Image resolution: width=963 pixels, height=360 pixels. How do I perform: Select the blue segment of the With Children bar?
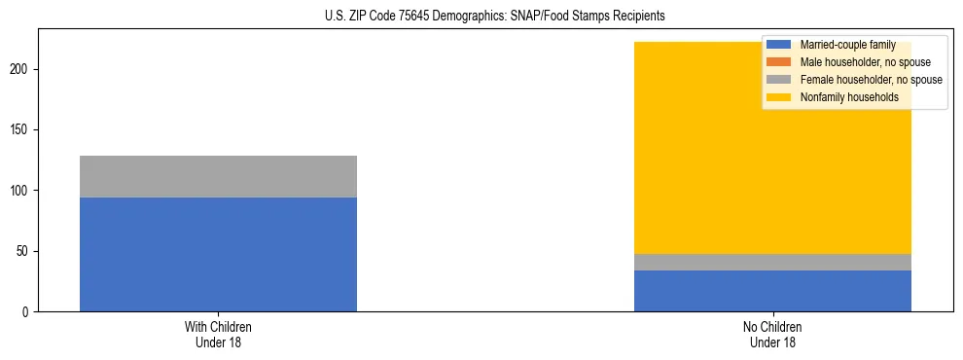coord(218,254)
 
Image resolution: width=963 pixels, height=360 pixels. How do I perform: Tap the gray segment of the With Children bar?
coord(218,176)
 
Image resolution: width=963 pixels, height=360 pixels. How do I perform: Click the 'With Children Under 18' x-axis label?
coord(218,334)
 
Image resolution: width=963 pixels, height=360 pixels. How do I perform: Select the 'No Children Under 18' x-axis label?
coord(772,334)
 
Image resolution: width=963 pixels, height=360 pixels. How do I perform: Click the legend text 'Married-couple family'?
coord(847,45)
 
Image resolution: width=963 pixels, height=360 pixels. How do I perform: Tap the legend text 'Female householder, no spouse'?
coord(871,80)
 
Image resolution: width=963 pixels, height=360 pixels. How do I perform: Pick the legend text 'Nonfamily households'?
coord(849,97)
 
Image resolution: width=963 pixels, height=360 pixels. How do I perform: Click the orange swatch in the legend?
coord(779,62)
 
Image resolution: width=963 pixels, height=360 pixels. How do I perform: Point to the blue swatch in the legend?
coord(779,45)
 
